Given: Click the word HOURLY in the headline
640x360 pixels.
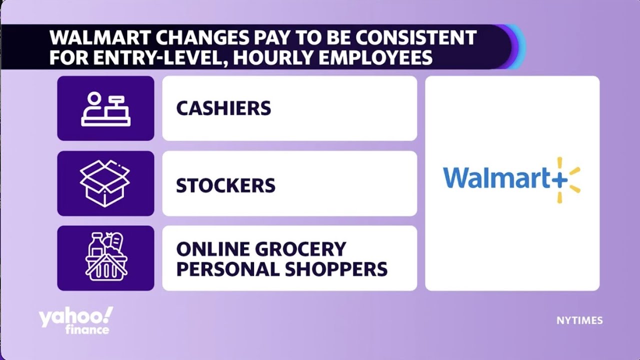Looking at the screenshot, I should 266,58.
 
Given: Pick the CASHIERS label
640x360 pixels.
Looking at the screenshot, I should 223,108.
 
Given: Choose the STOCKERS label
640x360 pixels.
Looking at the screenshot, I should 225,186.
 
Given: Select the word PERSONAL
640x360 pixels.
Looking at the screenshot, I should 227,269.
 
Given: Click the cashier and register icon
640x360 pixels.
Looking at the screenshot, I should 105,108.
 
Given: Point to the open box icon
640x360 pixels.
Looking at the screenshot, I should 105,183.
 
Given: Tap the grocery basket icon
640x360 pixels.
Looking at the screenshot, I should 105,258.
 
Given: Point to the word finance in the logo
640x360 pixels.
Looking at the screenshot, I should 87,330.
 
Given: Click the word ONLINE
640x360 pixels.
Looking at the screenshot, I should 207,249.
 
